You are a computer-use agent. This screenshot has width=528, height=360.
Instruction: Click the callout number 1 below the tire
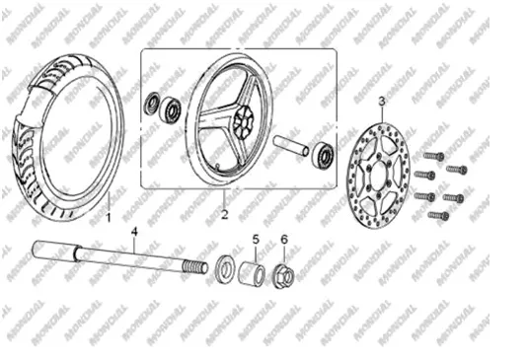(109, 217)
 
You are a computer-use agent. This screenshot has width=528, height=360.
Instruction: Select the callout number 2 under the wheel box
(225, 214)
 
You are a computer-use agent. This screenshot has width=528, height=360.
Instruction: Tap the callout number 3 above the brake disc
(382, 101)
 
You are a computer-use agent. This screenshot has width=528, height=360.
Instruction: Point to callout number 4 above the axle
(134, 232)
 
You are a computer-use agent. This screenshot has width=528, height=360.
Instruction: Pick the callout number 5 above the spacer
(256, 240)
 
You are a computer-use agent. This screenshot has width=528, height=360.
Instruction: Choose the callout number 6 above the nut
(284, 240)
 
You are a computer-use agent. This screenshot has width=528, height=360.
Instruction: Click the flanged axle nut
(283, 276)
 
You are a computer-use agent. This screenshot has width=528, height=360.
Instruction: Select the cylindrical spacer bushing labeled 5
(252, 273)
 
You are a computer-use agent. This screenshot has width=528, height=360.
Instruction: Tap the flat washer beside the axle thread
(225, 269)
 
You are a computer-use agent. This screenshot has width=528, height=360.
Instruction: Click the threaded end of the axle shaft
(194, 267)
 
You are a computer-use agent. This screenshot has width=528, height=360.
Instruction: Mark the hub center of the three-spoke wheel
(244, 120)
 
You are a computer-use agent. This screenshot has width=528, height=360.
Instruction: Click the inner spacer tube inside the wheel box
(290, 145)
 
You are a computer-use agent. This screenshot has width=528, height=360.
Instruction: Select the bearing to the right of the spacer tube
(324, 154)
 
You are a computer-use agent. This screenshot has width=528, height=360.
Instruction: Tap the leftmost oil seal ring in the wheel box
(152, 103)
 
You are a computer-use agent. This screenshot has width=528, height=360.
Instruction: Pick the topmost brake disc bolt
(433, 156)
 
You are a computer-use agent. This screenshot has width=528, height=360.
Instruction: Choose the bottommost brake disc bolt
(438, 215)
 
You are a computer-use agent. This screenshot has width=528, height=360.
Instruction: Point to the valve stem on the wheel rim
(218, 166)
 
